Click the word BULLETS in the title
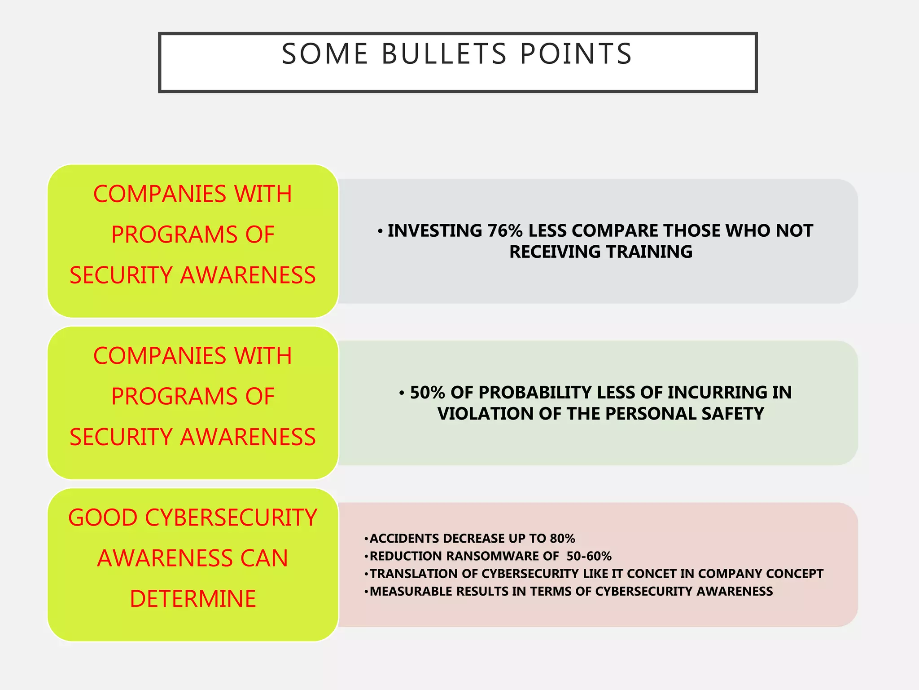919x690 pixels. click(x=444, y=54)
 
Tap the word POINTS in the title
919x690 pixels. click(x=576, y=54)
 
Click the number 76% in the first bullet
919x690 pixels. click(x=505, y=231)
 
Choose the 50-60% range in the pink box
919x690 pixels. click(x=589, y=556)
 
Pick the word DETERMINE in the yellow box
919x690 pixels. click(x=193, y=599)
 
